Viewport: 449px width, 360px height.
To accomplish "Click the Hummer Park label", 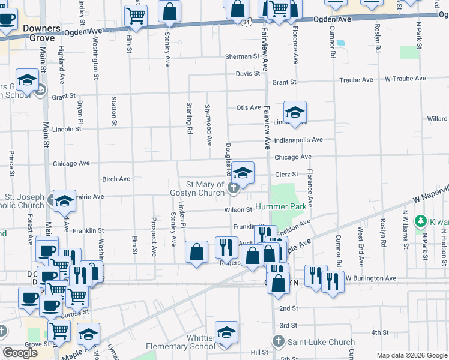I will point(281,206).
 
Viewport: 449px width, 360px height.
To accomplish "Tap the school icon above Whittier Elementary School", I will point(226,332).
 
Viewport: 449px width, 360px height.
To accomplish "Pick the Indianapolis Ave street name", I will point(298,140).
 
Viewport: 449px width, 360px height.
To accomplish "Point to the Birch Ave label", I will point(116,179).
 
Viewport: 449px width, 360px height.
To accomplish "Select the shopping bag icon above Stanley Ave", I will point(170,10).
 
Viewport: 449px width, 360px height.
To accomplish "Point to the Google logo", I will point(20,353).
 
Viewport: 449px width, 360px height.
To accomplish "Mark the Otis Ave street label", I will point(248,107).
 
